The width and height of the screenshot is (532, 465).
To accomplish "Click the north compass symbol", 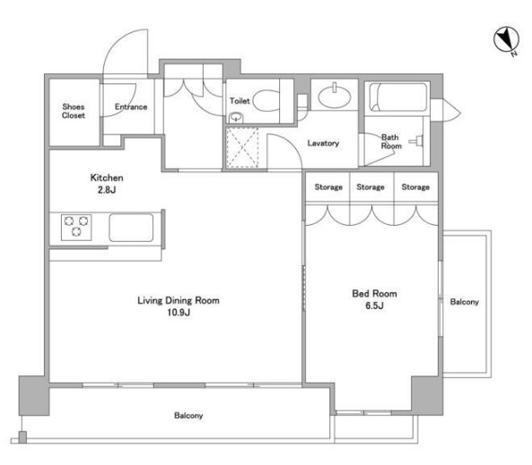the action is [x=506, y=40].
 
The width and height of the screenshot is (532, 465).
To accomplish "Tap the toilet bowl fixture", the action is [x=266, y=100].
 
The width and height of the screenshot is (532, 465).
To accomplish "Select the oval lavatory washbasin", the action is [x=335, y=96].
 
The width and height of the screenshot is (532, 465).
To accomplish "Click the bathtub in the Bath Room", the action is [x=398, y=98].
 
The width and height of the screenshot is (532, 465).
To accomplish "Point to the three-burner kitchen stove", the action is [x=76, y=227].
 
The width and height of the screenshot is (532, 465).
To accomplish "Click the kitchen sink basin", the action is [x=131, y=227].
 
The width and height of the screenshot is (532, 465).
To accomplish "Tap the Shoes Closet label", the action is [x=74, y=111].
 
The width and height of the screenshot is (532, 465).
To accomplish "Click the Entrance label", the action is [x=131, y=108].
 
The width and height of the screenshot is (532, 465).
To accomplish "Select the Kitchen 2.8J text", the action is [x=107, y=184].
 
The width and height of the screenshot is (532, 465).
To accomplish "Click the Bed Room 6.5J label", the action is [x=375, y=299].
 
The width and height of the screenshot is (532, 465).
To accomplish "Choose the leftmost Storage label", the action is [x=328, y=187].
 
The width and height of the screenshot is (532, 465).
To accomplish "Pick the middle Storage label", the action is [x=371, y=187].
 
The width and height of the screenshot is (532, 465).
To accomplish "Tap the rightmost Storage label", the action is [x=415, y=187].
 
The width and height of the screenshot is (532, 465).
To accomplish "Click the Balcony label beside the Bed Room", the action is [x=465, y=302].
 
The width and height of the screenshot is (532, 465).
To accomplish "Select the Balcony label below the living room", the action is [x=188, y=416].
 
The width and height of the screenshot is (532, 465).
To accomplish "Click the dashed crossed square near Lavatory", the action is [x=242, y=148].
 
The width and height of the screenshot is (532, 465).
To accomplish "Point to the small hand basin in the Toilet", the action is [x=236, y=117].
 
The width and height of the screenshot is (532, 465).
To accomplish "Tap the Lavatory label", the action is [x=323, y=143].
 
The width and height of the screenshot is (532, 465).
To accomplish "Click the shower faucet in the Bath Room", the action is [x=417, y=141].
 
